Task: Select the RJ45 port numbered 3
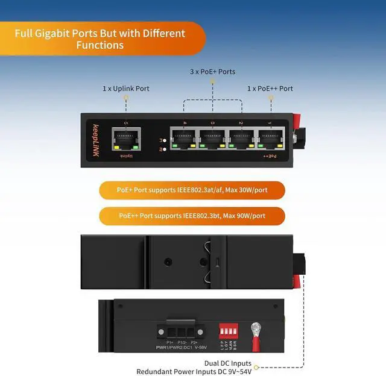(213, 139)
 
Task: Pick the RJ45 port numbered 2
(241, 139)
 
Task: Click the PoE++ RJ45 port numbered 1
(270, 139)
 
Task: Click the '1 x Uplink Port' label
(126, 89)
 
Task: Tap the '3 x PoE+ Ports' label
(212, 72)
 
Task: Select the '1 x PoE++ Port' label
(270, 89)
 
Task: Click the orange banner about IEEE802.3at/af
(192, 190)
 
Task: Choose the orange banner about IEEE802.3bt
(192, 216)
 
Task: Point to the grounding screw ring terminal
(256, 330)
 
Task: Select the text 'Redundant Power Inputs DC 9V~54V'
(194, 372)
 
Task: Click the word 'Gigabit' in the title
(64, 34)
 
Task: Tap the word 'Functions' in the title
(100, 45)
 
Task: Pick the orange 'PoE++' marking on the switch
(270, 156)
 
